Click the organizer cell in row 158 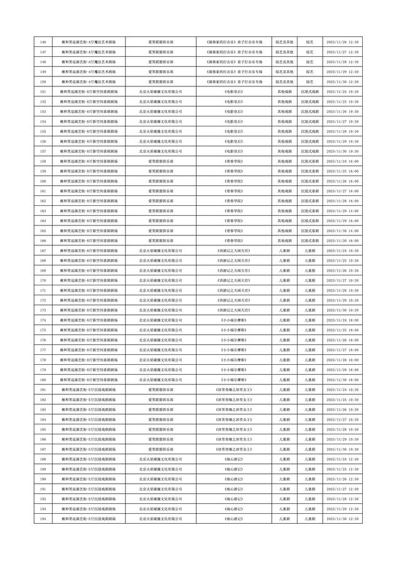160,161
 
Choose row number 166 43,240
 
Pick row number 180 43,379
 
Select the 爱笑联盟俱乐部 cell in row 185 160,429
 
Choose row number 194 43,519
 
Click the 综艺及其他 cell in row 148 284,62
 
